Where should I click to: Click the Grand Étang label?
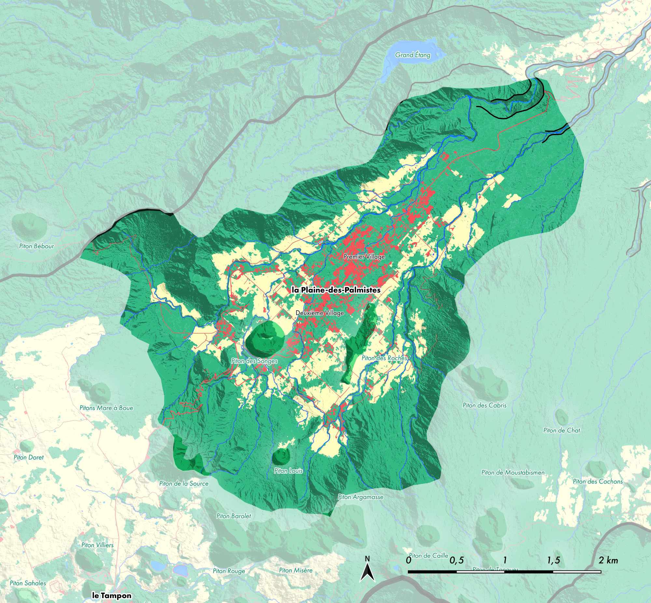click(413, 55)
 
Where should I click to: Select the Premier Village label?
click(364, 257)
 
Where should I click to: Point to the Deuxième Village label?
click(320, 313)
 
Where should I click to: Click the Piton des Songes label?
click(254, 361)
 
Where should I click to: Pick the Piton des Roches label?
click(384, 358)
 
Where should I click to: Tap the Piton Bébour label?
click(36, 246)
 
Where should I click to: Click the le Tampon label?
click(112, 595)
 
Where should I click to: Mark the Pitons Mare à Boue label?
click(106, 408)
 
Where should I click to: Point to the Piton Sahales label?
click(28, 583)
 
